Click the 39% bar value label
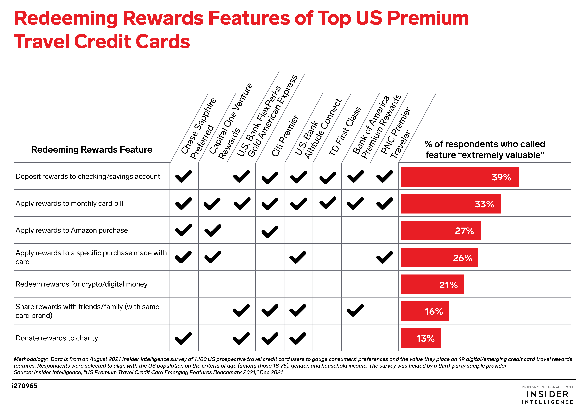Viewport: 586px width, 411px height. tap(501, 177)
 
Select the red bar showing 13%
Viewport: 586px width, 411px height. tap(420, 338)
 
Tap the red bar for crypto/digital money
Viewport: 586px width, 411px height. tap(432, 284)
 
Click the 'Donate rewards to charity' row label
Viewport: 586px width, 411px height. tap(57, 338)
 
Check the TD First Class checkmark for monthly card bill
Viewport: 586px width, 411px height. tap(328, 203)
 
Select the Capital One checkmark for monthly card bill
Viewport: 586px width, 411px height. tap(212, 204)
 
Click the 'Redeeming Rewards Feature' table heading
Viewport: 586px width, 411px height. tap(92, 149)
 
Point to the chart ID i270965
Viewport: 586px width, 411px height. tap(25, 386)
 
